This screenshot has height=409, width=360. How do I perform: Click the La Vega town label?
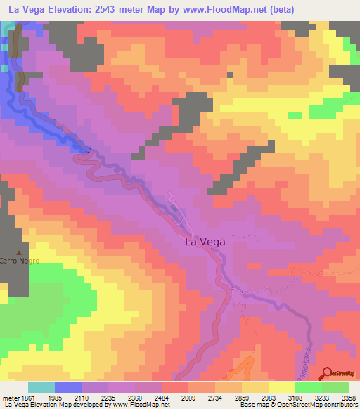click(205, 241)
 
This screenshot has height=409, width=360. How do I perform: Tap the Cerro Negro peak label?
click(19, 261)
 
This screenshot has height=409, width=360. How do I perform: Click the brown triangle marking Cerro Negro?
click(19, 252)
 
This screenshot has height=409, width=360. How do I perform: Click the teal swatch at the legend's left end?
click(41, 387)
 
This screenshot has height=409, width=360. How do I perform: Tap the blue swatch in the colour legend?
click(68, 387)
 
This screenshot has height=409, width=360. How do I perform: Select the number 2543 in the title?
click(114, 9)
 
